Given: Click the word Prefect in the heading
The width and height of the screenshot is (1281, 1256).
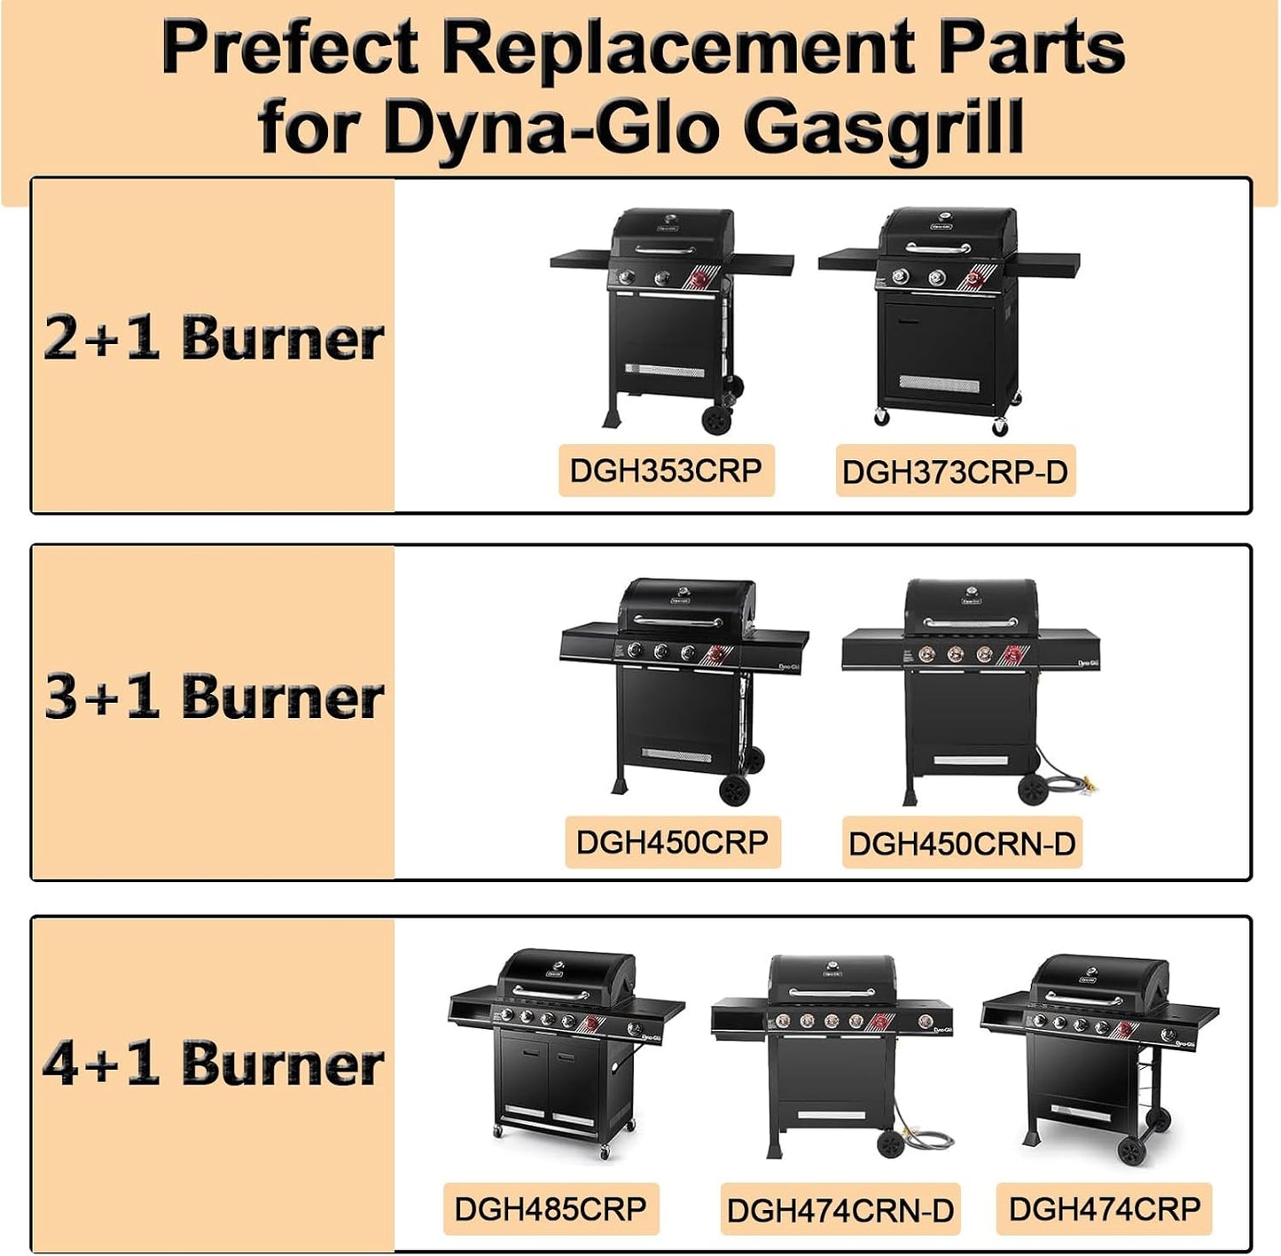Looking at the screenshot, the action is click(x=290, y=47).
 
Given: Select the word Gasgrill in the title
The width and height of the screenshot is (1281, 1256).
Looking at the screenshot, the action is click(x=882, y=126).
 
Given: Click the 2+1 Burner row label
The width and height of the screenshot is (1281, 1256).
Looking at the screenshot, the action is click(x=214, y=339).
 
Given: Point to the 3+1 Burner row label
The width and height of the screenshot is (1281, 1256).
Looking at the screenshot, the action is click(x=214, y=696).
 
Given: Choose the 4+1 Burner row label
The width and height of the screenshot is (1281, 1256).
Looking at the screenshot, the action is click(x=214, y=1063).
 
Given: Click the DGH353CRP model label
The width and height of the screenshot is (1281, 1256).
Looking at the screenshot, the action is click(x=666, y=470).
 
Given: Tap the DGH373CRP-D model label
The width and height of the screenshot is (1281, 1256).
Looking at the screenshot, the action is click(x=955, y=472).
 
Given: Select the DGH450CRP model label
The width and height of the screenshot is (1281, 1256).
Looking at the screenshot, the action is click(x=672, y=842).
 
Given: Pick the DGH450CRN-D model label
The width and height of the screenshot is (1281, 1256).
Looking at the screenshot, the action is click(x=962, y=844).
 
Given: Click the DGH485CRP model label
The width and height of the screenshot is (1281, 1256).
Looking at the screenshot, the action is click(x=551, y=1208).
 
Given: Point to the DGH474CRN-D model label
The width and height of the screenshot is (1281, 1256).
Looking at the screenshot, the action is click(x=840, y=1210).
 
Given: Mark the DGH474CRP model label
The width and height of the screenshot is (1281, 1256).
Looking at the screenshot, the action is click(x=1105, y=1208).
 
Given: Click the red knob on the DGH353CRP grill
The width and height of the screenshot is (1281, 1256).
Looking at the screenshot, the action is click(x=700, y=280).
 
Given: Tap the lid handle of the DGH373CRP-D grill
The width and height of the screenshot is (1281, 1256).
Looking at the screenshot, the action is click(x=937, y=248).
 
